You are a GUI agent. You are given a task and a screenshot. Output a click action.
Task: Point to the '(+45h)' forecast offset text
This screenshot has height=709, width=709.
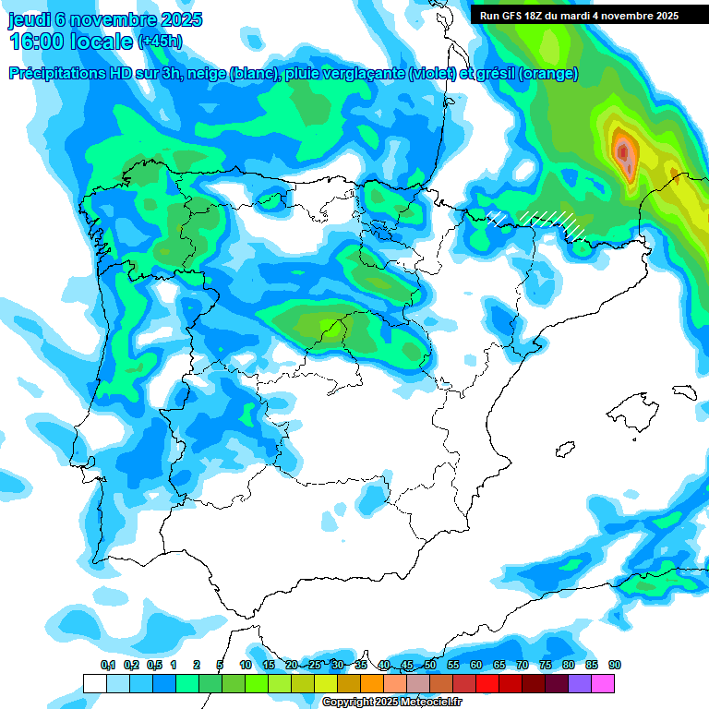(x=160, y=42)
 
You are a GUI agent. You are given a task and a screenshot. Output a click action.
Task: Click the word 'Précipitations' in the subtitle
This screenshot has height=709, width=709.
(x=63, y=74)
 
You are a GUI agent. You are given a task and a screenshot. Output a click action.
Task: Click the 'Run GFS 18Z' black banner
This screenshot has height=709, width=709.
(x=579, y=15)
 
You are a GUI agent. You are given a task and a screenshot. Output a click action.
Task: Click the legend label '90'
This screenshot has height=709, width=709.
(x=615, y=665)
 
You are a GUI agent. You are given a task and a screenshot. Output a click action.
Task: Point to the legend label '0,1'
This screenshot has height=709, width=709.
(x=108, y=665)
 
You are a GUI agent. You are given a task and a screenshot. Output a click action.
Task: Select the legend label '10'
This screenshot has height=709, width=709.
(x=246, y=665)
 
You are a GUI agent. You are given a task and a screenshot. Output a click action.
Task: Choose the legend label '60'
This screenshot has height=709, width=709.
(x=476, y=665)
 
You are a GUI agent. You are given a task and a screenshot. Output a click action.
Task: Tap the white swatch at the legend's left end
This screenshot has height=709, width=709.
(x=94, y=683)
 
